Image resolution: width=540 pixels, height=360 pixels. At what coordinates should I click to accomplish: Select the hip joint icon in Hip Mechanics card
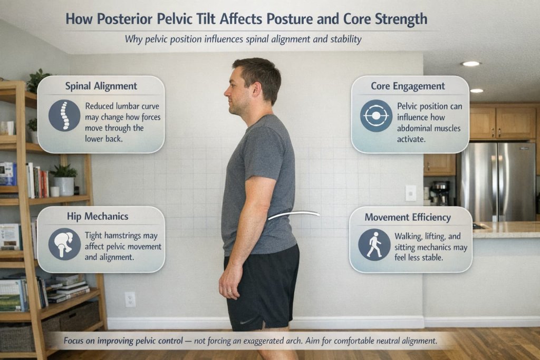(x=64, y=244)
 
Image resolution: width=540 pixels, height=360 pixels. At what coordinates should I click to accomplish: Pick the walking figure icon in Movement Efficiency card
(x=374, y=245)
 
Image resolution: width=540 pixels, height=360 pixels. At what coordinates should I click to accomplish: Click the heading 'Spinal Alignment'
(x=101, y=86)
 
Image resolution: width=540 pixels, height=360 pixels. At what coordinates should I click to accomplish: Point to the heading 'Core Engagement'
(x=408, y=86)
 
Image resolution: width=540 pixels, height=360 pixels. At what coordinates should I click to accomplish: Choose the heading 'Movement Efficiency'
(x=408, y=217)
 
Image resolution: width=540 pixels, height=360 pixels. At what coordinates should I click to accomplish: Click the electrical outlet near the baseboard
(x=130, y=299)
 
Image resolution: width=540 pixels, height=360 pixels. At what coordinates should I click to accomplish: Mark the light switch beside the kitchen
(x=410, y=193)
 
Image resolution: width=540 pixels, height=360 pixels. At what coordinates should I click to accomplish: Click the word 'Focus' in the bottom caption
(x=76, y=340)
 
